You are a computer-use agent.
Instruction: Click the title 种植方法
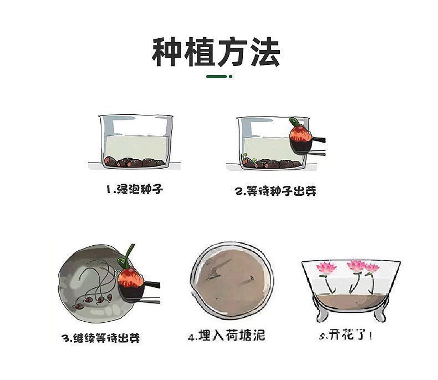216,52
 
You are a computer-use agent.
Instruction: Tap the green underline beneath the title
219,76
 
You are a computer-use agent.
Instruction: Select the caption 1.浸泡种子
135,190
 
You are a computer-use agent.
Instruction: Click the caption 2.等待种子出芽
276,191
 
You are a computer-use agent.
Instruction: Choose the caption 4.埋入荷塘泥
226,336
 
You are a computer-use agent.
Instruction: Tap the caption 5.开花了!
344,335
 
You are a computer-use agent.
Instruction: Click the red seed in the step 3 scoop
131,276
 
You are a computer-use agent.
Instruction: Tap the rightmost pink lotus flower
371,268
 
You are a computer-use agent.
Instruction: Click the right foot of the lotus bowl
380,316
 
